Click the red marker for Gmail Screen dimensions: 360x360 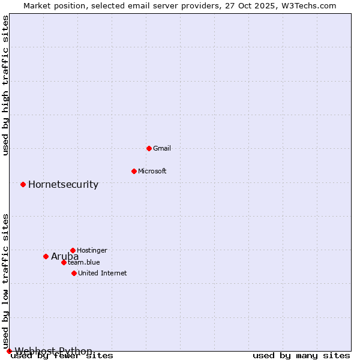pos(149,148)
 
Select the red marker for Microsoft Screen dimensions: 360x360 pos(134,171)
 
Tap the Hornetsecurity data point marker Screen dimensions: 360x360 pos(23,184)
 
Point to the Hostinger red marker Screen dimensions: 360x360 pos(73,250)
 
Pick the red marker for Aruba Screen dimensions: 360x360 pos(46,256)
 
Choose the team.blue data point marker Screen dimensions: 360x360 pos(64,262)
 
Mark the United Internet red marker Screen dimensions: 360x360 pos(74,273)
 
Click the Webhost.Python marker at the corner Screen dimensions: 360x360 pos(9,351)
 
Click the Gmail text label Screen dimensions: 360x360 pos(162,148)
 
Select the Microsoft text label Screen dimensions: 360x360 pos(152,171)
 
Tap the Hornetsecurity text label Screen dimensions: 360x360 pos(63,184)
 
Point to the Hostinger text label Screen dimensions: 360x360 pos(92,250)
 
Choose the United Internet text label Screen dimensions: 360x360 pos(102,273)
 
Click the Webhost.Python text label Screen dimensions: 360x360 pos(53,351)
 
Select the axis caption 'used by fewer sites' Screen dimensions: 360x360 pos(62,356)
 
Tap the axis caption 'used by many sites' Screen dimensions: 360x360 pos(301,356)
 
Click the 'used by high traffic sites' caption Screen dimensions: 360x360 pos(6,85)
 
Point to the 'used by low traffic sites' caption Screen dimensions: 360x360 pos(6,281)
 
